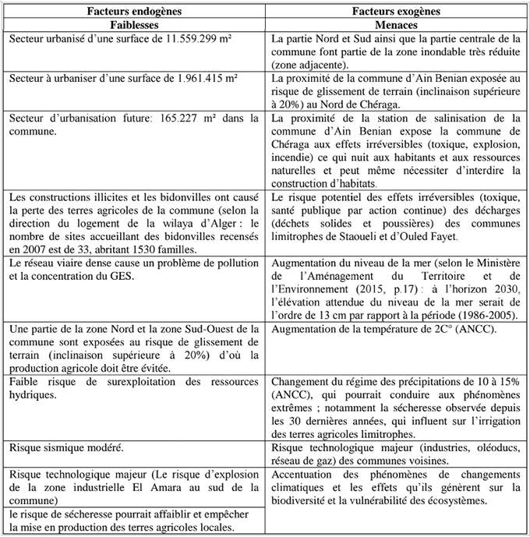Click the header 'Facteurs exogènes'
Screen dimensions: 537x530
(x=395, y=12)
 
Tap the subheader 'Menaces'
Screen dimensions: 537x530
(x=395, y=24)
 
